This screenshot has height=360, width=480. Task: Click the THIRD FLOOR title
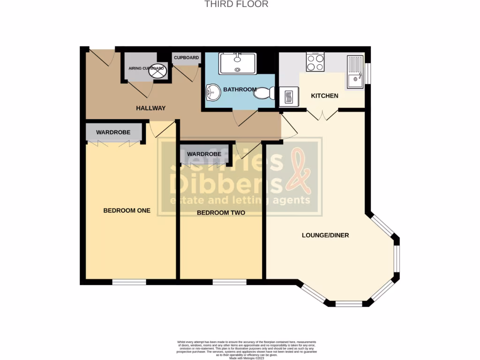[x=237, y=4]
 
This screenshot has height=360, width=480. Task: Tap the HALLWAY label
[x=151, y=108]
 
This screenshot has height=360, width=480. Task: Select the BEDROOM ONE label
[x=127, y=210]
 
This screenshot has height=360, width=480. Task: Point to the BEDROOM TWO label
[x=221, y=213]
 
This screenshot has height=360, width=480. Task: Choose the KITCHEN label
[x=325, y=96]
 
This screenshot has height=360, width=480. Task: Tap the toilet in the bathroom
[x=265, y=93]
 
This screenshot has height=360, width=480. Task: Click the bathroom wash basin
[x=212, y=91]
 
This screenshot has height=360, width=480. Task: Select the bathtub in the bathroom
[x=237, y=63]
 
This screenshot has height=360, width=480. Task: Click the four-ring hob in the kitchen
[x=315, y=62]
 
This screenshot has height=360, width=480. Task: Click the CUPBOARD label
[x=187, y=58]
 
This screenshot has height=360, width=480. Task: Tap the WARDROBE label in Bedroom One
[x=113, y=133]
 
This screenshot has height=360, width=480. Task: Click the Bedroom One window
[x=129, y=282]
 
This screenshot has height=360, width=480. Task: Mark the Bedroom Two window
[x=229, y=282]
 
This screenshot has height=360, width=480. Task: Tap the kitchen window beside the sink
[x=368, y=74]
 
